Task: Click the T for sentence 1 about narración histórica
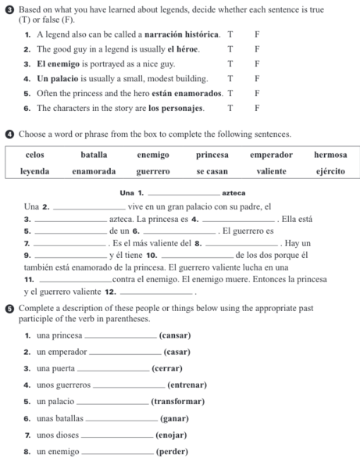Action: coord(230,35)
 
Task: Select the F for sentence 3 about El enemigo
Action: coord(256,63)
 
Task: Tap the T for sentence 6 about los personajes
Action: coord(230,107)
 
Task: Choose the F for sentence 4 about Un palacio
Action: coord(256,78)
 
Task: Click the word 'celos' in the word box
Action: coord(34,155)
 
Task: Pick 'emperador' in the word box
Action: coord(271,155)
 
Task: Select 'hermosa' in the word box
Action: coord(330,155)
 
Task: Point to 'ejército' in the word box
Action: coord(330,170)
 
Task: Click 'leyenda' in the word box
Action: coord(34,170)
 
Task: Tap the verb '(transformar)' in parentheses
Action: coord(178,401)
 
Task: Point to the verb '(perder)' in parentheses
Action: coord(172,452)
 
